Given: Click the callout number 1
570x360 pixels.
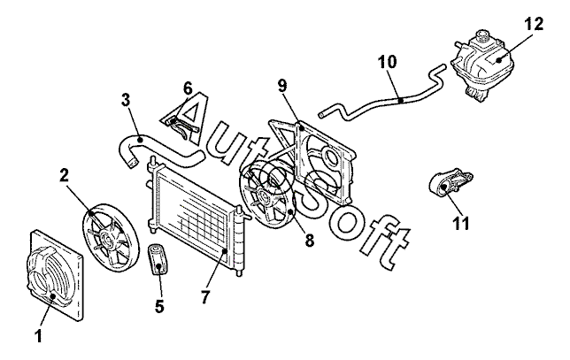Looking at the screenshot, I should click(38, 336).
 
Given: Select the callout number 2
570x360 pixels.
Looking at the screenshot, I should click(65, 176).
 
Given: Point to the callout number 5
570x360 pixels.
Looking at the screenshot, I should click(159, 306).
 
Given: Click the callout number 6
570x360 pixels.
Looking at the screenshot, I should click(188, 88).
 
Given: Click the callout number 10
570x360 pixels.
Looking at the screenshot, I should click(387, 64).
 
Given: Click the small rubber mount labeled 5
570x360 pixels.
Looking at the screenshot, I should click(160, 260).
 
